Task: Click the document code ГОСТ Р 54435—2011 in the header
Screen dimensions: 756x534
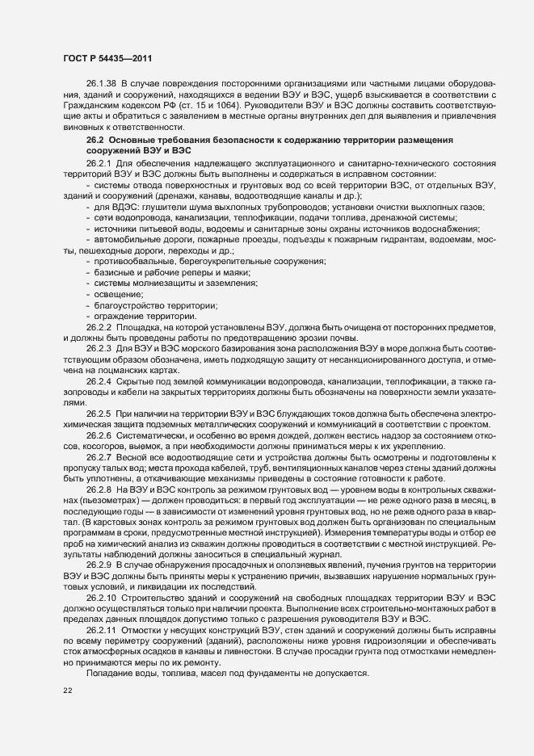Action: [x=107, y=59]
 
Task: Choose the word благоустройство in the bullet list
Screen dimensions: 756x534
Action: [x=132, y=305]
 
